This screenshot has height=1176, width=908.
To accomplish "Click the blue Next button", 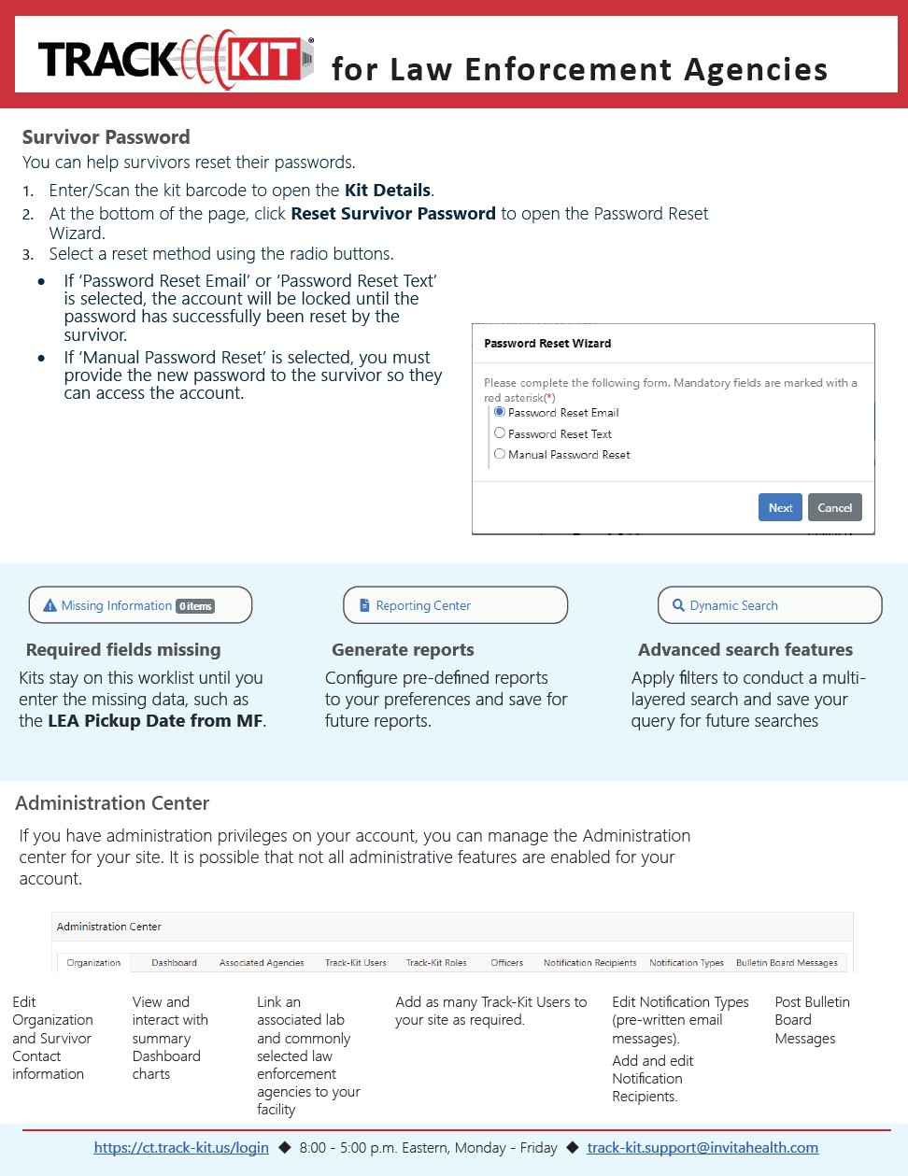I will pos(780,507).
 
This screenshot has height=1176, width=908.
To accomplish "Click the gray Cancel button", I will pos(834,507).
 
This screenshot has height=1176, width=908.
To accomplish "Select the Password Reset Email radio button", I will pos(500,412).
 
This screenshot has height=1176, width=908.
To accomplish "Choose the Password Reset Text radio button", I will pos(500,433).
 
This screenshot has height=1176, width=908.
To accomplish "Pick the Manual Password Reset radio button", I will pos(500,454).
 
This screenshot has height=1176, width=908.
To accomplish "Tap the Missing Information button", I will pos(140,605).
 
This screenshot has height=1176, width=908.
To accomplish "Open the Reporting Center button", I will pos(455,605).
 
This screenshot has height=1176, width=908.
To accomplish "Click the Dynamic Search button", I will pos(769,605).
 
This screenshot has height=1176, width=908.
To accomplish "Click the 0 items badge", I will pos(196,606).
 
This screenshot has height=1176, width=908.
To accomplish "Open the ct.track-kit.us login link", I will pos(181,1148).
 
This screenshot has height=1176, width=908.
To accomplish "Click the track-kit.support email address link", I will pos(702,1148).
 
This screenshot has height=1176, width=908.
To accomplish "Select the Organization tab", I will pos(93,962).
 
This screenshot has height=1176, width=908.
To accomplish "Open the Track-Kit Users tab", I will pos(355,962).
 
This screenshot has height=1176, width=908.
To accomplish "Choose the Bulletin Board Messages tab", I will pos(787,962).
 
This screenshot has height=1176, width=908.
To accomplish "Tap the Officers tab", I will pos(507,962).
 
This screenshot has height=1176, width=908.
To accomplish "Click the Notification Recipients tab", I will pos(589,962).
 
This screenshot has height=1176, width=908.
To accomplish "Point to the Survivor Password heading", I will pos(106,137).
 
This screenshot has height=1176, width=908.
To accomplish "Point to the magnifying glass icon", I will pos(678,605).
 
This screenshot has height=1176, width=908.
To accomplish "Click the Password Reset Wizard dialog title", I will pos(547,344).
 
